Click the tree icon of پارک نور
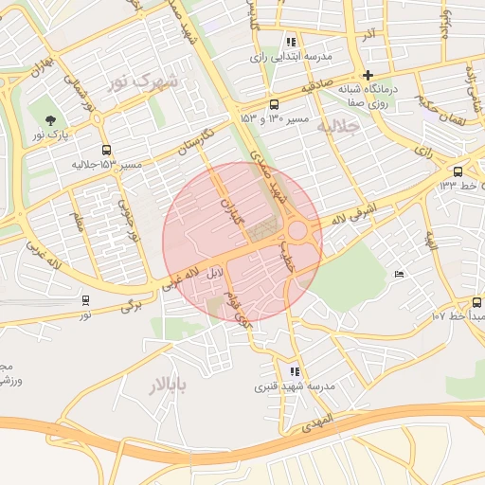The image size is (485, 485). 49,119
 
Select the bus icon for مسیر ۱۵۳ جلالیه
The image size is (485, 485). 105,150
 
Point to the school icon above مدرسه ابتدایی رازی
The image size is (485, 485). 291,43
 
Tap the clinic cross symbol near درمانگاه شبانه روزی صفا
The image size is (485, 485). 368,75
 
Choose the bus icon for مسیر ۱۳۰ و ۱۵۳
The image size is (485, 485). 274,104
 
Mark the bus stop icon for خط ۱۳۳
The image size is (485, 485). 458,171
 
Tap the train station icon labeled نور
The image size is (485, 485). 86,300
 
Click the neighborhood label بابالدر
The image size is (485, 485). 168,385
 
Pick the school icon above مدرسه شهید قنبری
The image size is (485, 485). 295,372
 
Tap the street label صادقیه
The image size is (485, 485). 319,87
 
